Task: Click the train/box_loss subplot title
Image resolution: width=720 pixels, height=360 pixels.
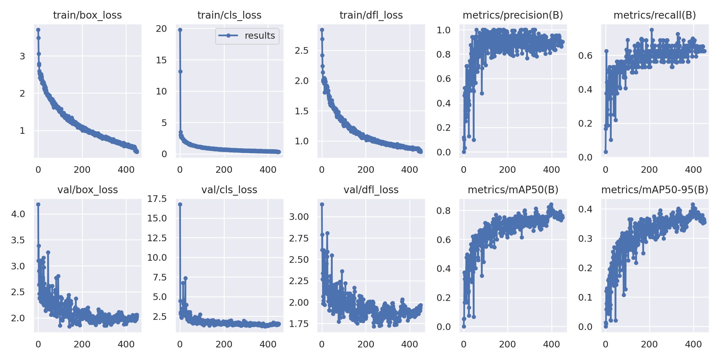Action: coord(87,15)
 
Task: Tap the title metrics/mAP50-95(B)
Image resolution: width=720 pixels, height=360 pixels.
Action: coord(655,190)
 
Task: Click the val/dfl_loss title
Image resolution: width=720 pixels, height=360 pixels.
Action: coord(371,190)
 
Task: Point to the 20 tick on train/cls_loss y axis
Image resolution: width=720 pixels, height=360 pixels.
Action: coord(161,29)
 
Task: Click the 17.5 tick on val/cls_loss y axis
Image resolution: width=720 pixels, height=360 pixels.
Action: coord(157,199)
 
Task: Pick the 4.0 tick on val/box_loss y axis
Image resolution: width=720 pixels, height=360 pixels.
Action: coord(18,214)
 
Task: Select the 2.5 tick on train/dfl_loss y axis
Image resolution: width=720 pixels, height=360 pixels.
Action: coord(301,50)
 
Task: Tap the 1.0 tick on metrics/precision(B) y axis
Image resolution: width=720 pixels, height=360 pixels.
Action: coord(443,30)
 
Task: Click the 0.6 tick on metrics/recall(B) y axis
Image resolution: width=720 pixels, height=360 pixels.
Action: coord(585,55)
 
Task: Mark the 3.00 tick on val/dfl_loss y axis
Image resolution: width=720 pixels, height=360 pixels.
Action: coord(299,217)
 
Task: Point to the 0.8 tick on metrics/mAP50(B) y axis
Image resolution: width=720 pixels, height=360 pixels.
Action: coord(443,211)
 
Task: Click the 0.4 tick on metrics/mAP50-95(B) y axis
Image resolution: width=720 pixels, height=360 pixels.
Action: coord(585,209)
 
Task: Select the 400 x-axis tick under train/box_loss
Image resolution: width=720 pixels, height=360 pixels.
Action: coord(126,170)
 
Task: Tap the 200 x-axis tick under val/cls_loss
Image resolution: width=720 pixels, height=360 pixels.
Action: coord(224,344)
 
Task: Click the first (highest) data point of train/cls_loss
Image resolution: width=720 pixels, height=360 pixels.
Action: coord(180,30)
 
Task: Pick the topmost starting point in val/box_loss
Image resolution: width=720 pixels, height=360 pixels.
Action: coord(38,204)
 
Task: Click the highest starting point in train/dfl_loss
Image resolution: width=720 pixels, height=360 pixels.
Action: coord(322,30)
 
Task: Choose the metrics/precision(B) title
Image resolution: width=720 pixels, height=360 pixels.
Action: coord(513,15)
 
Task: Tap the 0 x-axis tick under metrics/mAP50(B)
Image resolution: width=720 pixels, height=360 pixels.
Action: coord(464,344)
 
